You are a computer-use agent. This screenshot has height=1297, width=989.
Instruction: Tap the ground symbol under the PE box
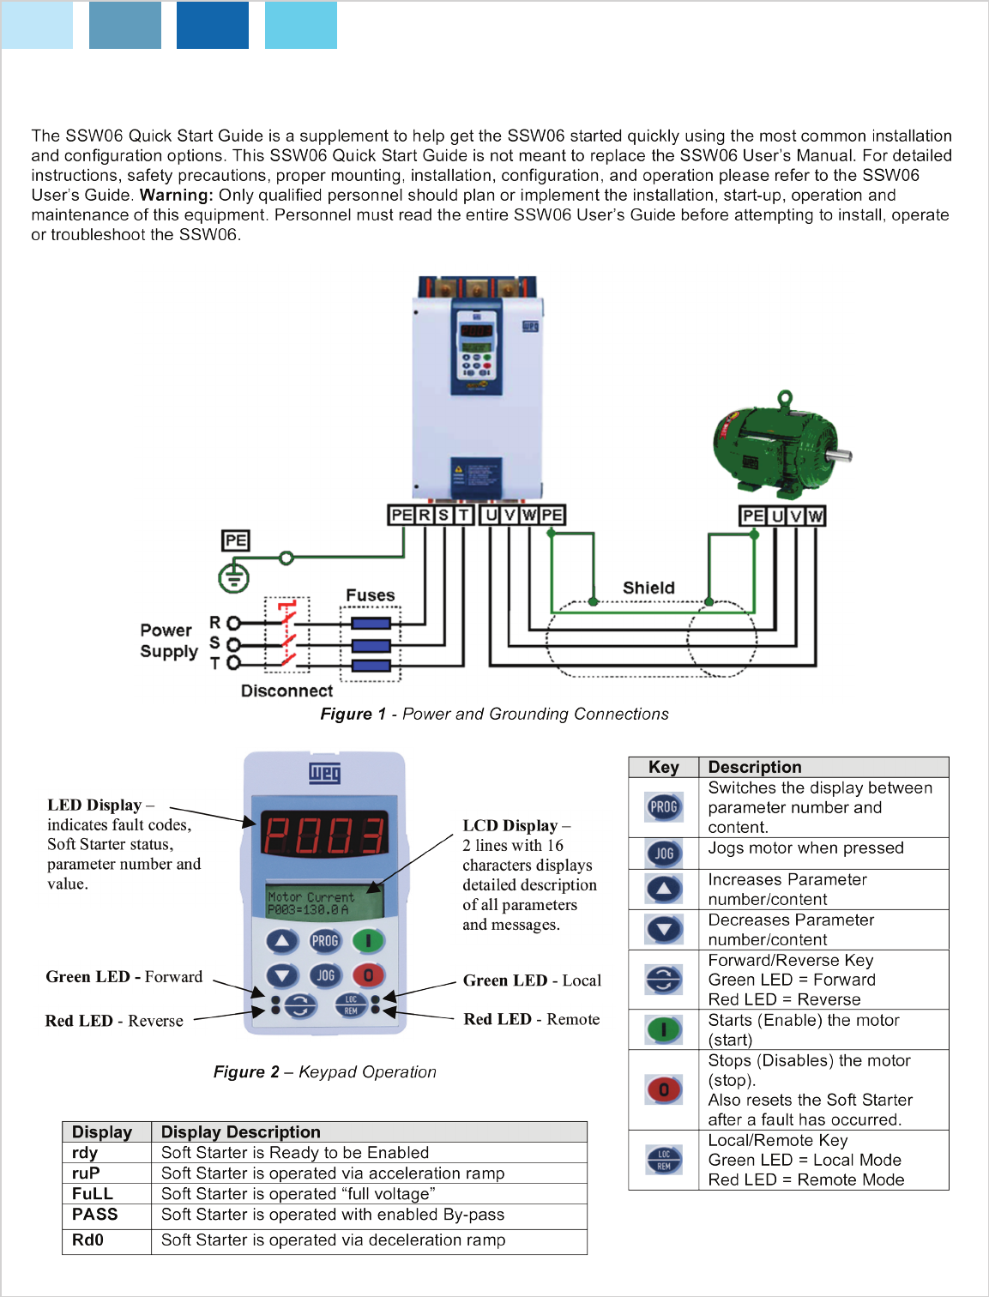(x=233, y=578)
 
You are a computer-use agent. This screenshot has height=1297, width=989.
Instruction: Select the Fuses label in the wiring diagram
(x=371, y=595)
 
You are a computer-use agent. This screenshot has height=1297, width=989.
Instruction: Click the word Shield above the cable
(x=648, y=588)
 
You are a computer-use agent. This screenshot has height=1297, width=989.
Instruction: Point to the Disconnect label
(x=286, y=691)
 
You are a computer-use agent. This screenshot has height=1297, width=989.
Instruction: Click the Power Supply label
(x=169, y=641)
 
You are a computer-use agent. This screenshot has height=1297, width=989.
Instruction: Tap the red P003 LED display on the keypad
(x=324, y=835)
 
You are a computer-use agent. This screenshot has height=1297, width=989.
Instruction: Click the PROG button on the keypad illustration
(x=325, y=941)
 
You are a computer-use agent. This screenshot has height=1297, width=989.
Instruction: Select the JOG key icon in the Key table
(x=664, y=854)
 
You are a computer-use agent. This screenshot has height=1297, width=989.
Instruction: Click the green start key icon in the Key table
(x=664, y=1029)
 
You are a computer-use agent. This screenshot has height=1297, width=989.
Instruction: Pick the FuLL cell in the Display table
(x=93, y=1194)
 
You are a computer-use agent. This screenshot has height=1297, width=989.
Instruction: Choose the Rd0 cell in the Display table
(x=87, y=1240)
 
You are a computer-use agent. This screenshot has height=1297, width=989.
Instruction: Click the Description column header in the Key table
(x=755, y=767)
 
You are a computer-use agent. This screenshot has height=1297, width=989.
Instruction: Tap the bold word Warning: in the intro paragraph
(x=177, y=195)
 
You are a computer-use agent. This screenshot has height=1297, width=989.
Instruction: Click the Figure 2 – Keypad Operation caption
(x=325, y=1071)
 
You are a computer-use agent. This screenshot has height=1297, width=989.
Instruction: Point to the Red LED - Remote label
(x=532, y=1019)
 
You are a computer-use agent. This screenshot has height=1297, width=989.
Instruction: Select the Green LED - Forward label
(x=124, y=977)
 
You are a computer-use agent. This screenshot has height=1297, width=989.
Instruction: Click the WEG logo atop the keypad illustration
(x=325, y=773)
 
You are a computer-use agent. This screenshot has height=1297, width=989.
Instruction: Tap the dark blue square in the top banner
(x=213, y=25)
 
